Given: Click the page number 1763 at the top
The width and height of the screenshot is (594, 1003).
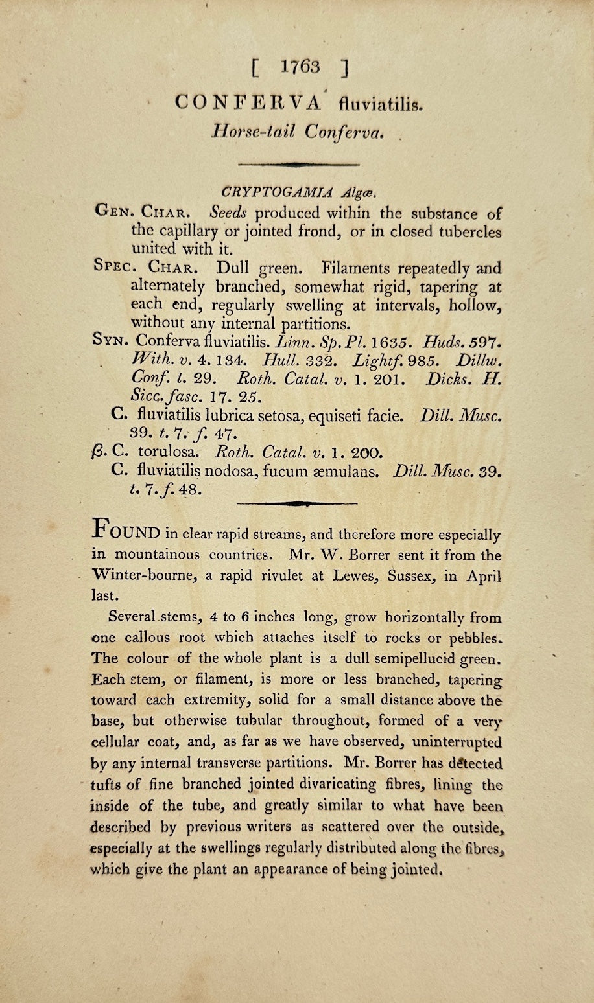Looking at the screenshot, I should point(301,66).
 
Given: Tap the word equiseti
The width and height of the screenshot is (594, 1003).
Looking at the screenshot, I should point(332,412).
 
